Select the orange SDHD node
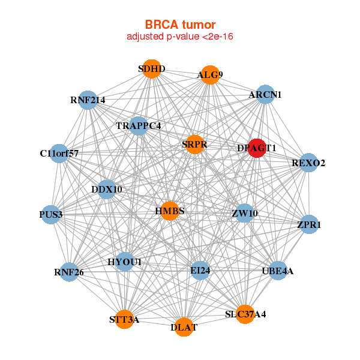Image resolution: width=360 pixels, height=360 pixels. tap(152, 69)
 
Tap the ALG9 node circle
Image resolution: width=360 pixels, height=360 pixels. tap(209, 75)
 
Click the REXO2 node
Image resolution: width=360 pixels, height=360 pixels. tap(308, 163)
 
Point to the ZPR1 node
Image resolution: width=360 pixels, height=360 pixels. tap(308, 225)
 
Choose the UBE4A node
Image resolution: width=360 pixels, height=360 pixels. tap(278, 271)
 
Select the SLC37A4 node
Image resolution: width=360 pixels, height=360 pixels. tap(245, 314)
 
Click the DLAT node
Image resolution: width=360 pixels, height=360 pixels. tap(184, 327)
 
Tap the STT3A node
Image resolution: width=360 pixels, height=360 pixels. tap(125, 319)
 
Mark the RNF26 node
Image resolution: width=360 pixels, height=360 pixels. tap(69, 272)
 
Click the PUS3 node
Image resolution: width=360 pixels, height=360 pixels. tap(52, 214)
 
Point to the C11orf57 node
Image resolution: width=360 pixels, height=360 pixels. tap(59, 154)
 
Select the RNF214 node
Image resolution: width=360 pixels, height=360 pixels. tap(88, 100)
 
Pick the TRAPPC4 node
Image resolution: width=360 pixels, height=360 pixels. tap(139, 126)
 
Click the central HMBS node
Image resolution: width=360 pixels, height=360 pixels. tap(170, 211)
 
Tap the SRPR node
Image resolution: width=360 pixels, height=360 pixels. tap(194, 145)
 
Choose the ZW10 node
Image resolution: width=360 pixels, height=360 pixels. tap(244, 213)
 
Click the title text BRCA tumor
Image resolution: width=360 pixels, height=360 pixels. tap(180, 25)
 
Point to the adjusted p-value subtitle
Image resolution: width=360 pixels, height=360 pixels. tap(180, 37)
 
